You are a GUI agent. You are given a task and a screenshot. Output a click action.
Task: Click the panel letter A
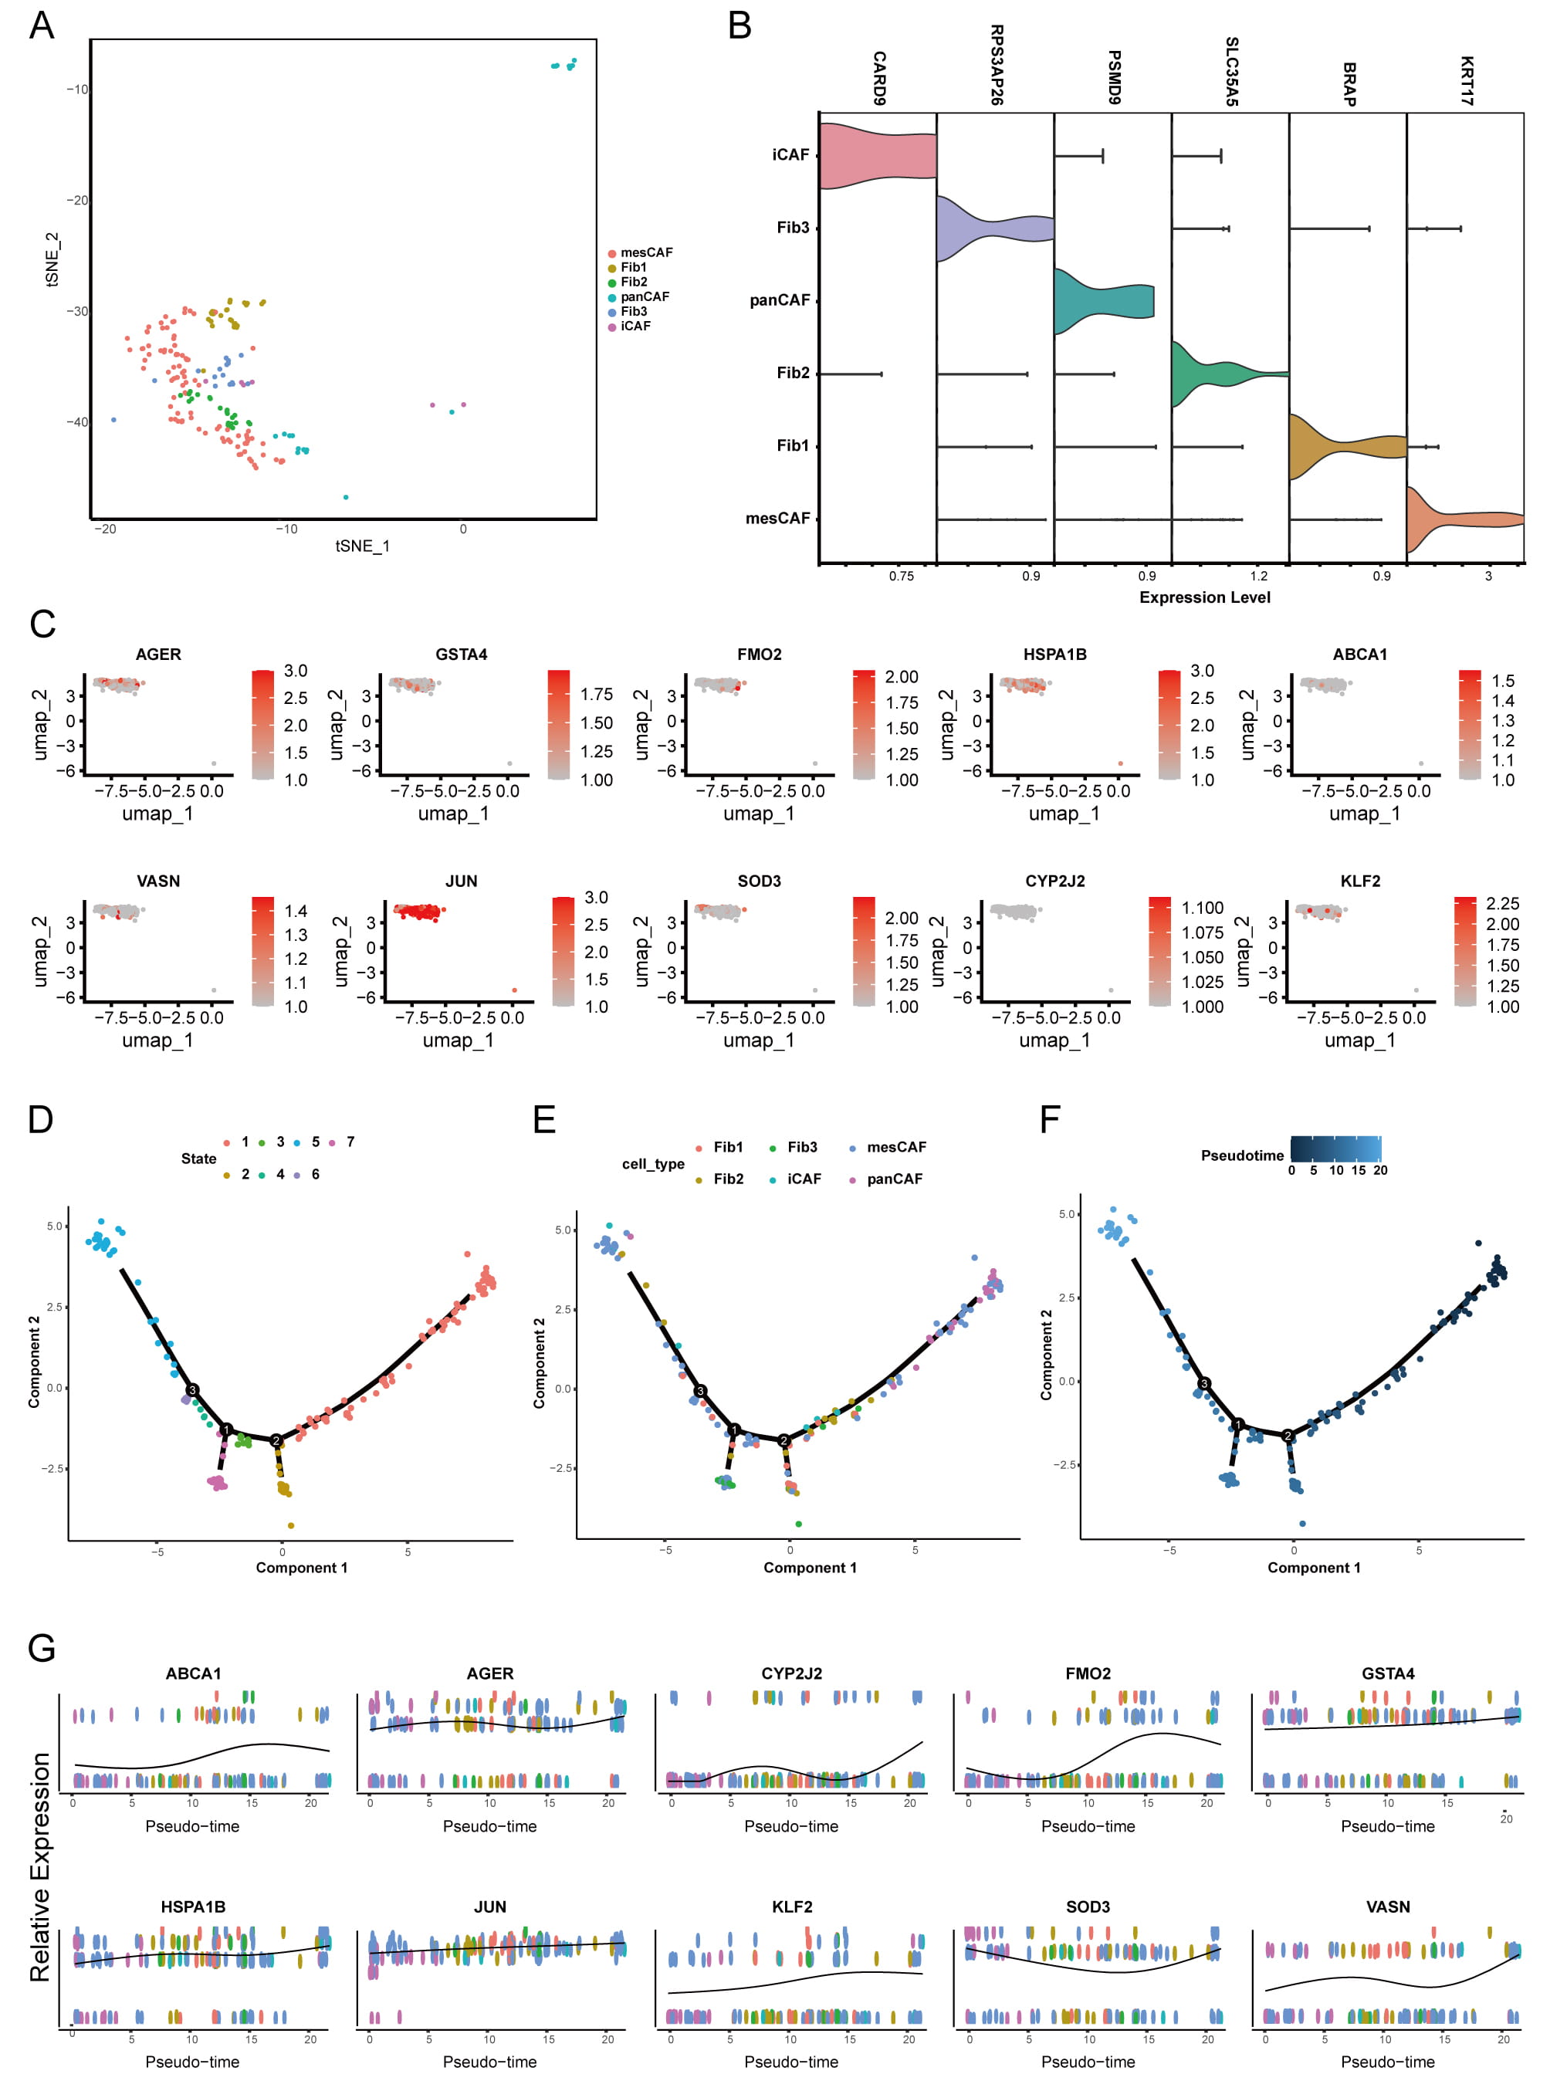[x=41, y=25]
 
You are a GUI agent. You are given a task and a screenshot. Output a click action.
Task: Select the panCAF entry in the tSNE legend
[x=644, y=296]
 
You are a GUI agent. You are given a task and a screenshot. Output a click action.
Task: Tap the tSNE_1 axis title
[x=362, y=546]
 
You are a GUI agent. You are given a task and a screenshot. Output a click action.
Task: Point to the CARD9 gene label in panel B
[x=879, y=78]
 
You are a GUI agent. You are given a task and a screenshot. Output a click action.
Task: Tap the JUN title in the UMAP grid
[x=461, y=881]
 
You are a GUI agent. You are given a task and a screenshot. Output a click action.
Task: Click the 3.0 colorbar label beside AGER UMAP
[x=296, y=671]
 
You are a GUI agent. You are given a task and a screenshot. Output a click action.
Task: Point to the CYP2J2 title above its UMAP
[x=1054, y=881]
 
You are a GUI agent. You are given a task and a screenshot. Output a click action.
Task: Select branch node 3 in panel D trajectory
[x=192, y=1389]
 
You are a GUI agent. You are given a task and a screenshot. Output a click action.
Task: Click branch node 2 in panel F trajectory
[x=1288, y=1435]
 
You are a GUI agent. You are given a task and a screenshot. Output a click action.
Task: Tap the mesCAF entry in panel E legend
[x=895, y=1147]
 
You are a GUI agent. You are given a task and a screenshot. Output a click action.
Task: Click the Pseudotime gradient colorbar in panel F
[x=1335, y=1150]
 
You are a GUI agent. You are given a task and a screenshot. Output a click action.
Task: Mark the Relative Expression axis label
[x=40, y=1867]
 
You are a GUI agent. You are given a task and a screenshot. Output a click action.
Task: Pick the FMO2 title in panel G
[x=1088, y=1673]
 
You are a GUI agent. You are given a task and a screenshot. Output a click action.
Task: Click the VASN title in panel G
[x=1387, y=1907]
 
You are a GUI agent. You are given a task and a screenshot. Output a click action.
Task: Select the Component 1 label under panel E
[x=810, y=1568]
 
